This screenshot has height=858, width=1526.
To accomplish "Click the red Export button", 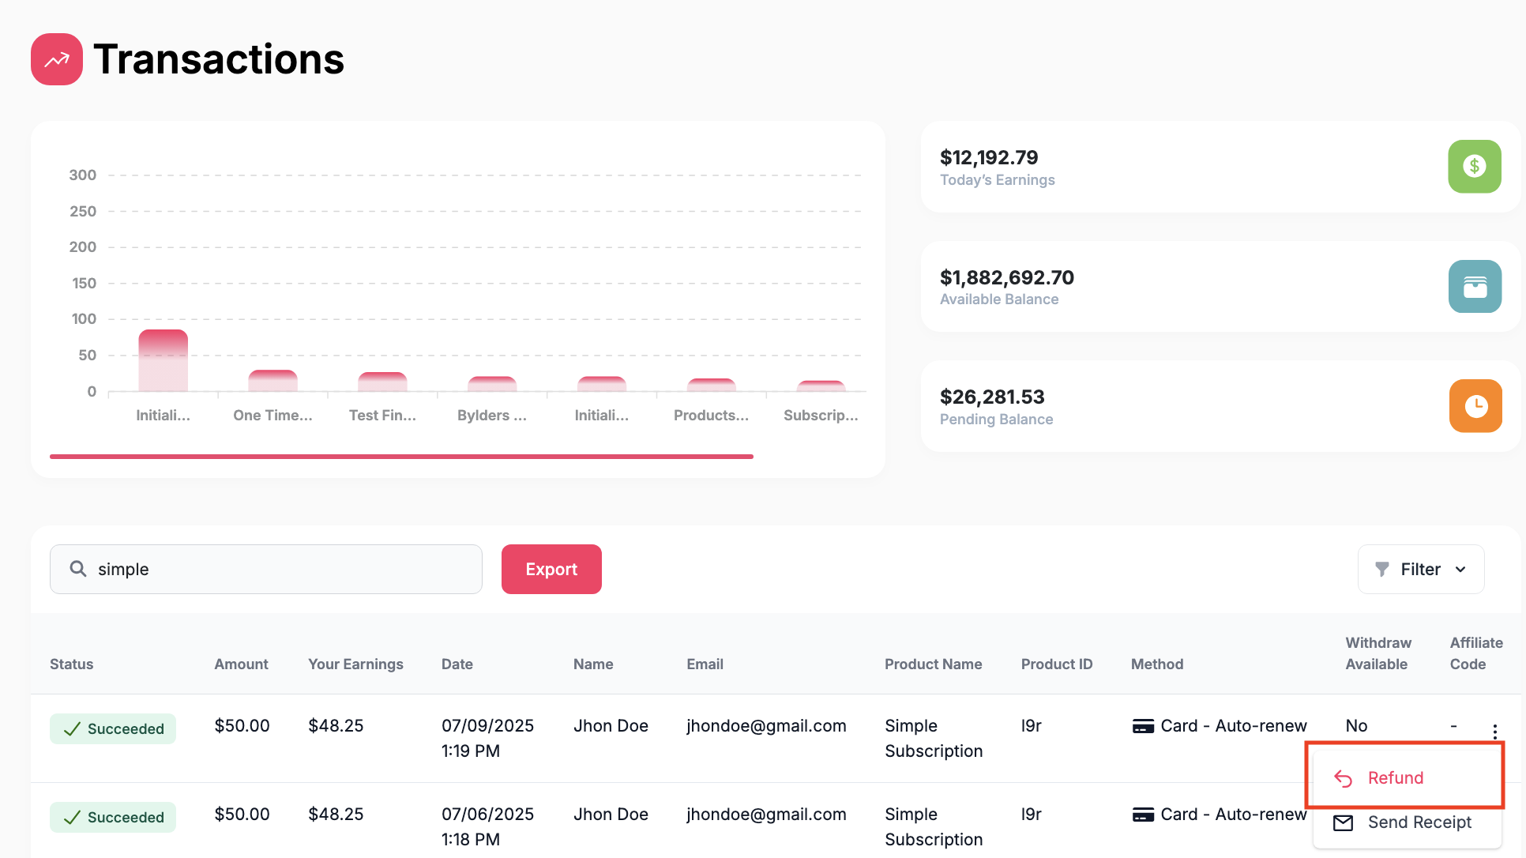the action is tap(551, 569).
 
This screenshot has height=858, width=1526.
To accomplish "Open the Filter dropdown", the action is tap(1421, 569).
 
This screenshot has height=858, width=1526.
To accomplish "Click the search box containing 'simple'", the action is tap(266, 569).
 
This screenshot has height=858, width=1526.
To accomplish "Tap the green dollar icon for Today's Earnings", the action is tap(1475, 166).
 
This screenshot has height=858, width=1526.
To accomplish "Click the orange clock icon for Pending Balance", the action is tap(1475, 406).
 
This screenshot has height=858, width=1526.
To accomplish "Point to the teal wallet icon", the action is tap(1475, 286).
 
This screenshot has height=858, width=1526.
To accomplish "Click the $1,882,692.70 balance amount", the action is tap(1007, 277).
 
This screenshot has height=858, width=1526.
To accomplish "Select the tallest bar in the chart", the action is tap(163, 360).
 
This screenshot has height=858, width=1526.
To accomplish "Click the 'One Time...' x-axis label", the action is tap(272, 416).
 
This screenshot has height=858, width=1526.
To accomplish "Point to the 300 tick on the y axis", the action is tap(83, 175).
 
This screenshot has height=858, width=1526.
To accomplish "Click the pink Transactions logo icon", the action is tap(57, 59).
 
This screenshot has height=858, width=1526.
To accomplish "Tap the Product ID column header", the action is tap(1057, 664).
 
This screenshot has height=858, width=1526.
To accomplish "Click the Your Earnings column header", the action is tap(355, 664).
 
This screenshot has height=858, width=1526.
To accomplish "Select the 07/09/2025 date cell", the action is tap(487, 738).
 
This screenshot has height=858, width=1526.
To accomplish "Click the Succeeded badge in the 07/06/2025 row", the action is tap(113, 817).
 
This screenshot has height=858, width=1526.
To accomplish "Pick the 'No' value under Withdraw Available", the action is tap(1356, 725).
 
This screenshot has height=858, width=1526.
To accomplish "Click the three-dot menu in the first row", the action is tap(1494, 732).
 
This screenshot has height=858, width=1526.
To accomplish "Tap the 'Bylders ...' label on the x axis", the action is tap(492, 416).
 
